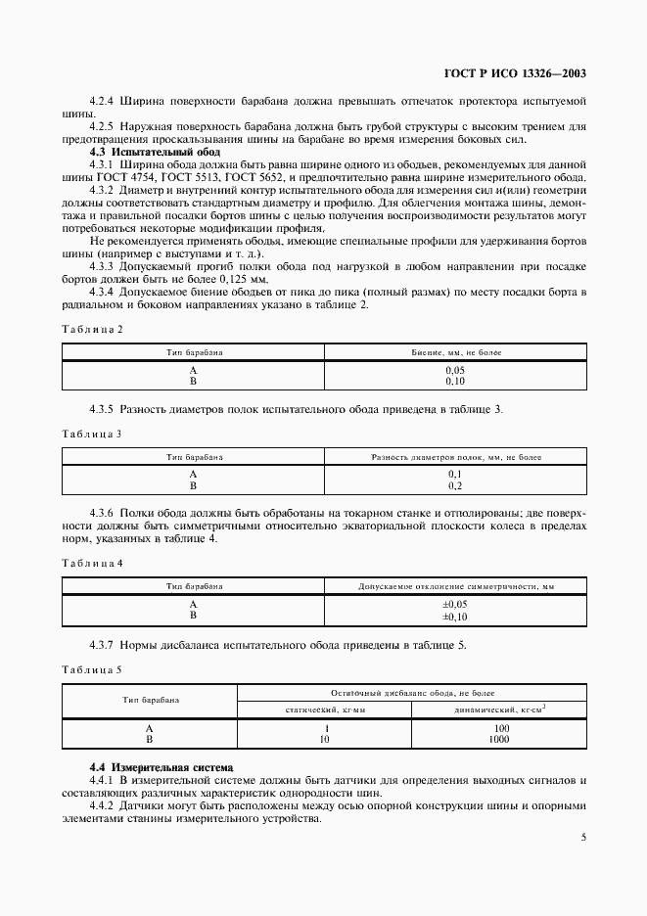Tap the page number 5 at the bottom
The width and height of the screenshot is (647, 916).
[x=583, y=837]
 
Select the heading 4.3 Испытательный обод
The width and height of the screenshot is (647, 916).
[x=155, y=153]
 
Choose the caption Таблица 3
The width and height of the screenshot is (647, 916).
[x=93, y=433]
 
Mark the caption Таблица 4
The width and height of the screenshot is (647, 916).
[x=93, y=563]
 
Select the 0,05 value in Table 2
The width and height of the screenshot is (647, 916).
[x=455, y=370]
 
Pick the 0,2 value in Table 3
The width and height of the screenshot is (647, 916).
[x=455, y=485]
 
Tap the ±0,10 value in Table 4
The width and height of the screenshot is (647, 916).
[x=455, y=617]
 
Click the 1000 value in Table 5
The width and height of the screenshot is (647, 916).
[x=499, y=740]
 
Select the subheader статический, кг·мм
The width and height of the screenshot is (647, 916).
[x=325, y=709]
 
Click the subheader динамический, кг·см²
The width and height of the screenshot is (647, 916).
[x=499, y=709]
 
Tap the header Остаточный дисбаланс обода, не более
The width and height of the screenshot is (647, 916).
[x=412, y=692]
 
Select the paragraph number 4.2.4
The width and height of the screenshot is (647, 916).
[x=102, y=101]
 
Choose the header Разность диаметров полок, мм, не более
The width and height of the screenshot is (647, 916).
[x=455, y=457]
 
